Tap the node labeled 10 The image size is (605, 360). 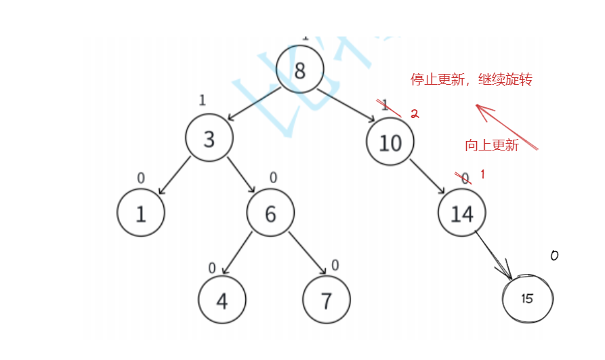390,142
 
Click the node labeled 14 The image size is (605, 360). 462,214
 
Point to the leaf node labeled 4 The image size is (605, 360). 222,300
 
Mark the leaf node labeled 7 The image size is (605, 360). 327,300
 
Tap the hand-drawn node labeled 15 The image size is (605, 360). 528,298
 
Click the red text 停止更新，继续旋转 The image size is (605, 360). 472,80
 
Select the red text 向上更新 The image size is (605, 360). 492,145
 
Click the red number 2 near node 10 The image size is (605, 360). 415,115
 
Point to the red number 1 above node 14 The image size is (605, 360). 483,175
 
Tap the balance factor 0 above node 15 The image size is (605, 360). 554,256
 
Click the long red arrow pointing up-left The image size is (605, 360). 506,126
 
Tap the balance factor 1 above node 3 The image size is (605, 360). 202,100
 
